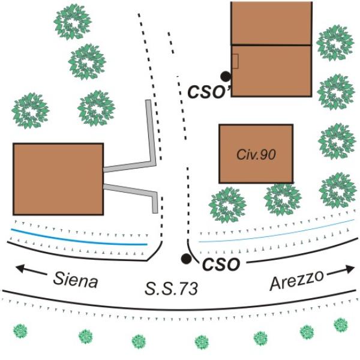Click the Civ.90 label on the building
pos(256,155)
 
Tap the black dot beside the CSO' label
pos(226,76)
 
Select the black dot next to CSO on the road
pos(186,259)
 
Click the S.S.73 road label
pos(171,289)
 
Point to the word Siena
pos(76,280)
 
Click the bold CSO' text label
pos(209,92)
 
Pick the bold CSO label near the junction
pos(221,264)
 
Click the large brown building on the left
pos(58,179)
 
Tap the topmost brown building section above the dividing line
pos(271,23)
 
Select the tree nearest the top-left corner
pos(73,22)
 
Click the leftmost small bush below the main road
pos(20,331)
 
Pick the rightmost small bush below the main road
pos(341,325)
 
